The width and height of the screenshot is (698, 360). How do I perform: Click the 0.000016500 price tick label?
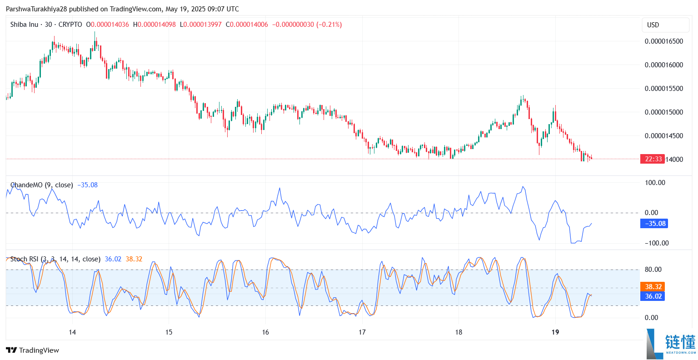663,41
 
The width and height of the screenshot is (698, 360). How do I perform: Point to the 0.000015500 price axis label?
663,89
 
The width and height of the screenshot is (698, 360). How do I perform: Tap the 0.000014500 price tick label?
663,136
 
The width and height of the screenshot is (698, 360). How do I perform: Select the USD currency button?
653,25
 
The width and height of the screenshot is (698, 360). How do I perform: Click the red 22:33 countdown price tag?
653,159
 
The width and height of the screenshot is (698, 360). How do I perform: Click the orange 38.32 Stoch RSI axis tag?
653,287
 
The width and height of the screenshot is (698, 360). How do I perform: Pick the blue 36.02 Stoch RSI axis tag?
653,296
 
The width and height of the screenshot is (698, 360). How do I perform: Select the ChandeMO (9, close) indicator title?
41,185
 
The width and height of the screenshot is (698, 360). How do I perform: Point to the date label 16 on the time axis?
265,332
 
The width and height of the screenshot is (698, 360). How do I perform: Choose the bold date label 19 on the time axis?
555,332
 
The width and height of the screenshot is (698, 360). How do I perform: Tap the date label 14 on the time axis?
72,332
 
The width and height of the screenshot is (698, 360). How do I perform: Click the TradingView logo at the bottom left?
33,350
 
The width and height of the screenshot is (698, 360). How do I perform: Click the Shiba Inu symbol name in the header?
24,25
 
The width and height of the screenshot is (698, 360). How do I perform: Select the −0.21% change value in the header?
329,25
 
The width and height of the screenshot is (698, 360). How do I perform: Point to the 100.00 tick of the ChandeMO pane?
655,183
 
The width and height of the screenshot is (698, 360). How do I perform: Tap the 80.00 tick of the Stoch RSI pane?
653,270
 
